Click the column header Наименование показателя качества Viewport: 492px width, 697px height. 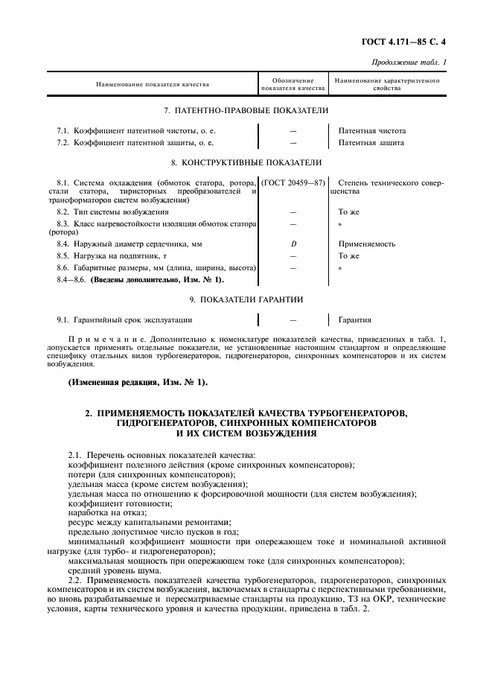pyautogui.click(x=153, y=84)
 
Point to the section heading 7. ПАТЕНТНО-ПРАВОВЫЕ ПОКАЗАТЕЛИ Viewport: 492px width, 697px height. pyautogui.click(x=246, y=110)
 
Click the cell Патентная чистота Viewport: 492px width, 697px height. pyautogui.click(x=372, y=130)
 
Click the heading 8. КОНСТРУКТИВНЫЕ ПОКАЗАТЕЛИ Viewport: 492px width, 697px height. pyautogui.click(x=246, y=162)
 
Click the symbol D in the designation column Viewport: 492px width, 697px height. pyautogui.click(x=293, y=244)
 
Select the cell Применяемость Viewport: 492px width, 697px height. pyautogui.click(x=366, y=244)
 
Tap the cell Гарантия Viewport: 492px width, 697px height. pyautogui.click(x=355, y=320)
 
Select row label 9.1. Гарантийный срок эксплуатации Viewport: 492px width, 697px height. pyautogui.click(x=124, y=320)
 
